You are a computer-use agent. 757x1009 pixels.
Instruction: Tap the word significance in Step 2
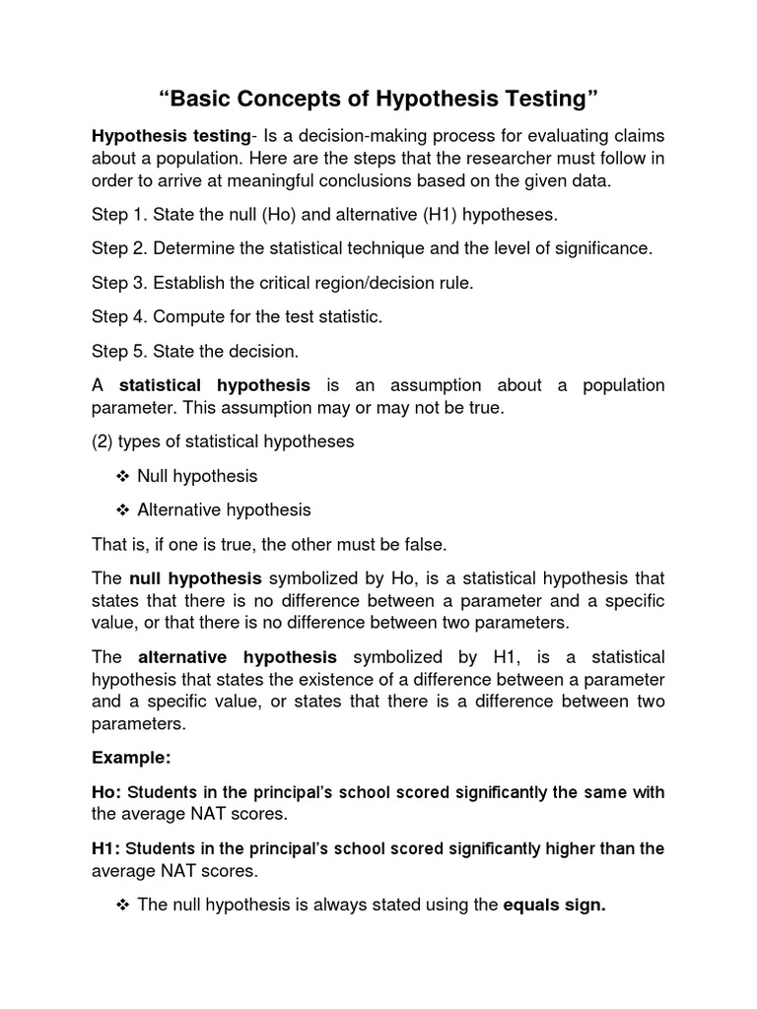tap(598, 248)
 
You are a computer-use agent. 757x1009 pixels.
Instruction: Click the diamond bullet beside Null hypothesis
tap(123, 476)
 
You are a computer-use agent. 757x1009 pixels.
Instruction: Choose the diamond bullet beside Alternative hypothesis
tap(123, 510)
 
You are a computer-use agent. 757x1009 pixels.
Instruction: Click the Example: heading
tap(131, 758)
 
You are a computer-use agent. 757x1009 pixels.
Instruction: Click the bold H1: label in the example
tap(106, 848)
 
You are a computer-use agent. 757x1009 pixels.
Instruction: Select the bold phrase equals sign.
tap(554, 905)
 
